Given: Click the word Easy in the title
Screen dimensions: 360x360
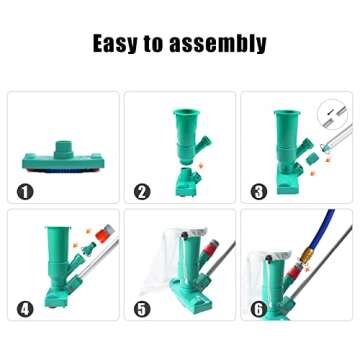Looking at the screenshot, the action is (115, 43).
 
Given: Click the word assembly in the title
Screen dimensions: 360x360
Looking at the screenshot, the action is (218, 43).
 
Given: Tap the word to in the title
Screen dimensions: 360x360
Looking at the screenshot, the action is (153, 44).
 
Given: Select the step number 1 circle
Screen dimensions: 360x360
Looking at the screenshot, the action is (25, 192).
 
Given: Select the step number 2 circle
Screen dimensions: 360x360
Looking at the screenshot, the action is (142, 192).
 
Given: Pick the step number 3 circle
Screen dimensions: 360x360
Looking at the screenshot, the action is (259, 192).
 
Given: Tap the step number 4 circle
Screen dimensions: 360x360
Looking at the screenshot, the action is (25, 309).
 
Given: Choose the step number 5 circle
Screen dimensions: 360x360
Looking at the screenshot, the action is (142, 309).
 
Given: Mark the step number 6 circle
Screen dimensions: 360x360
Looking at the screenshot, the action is (259, 309).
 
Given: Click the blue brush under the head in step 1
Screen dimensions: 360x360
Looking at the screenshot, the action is (63, 170).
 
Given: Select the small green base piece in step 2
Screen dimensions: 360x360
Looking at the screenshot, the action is (187, 182).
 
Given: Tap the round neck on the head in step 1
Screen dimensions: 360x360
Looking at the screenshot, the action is (63, 148).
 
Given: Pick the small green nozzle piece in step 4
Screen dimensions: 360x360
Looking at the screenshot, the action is (89, 249).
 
